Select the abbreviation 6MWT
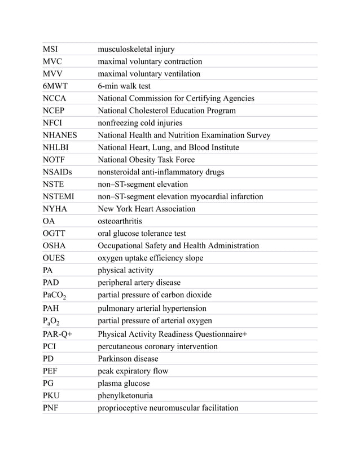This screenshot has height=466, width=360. (x=55, y=86)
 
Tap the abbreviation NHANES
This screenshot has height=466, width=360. (x=60, y=135)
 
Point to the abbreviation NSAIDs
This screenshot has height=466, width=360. (x=58, y=172)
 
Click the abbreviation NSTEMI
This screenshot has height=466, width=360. (x=59, y=197)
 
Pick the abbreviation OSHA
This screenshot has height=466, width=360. (x=54, y=246)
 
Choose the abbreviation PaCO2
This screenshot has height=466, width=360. (x=55, y=296)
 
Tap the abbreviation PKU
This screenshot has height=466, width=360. (x=52, y=395)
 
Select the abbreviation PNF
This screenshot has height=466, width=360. (x=52, y=408)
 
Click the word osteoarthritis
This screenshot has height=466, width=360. (x=120, y=221)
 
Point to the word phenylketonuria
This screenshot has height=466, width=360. (x=125, y=395)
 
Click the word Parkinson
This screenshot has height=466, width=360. (x=116, y=359)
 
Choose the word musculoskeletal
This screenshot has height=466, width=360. (x=126, y=49)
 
